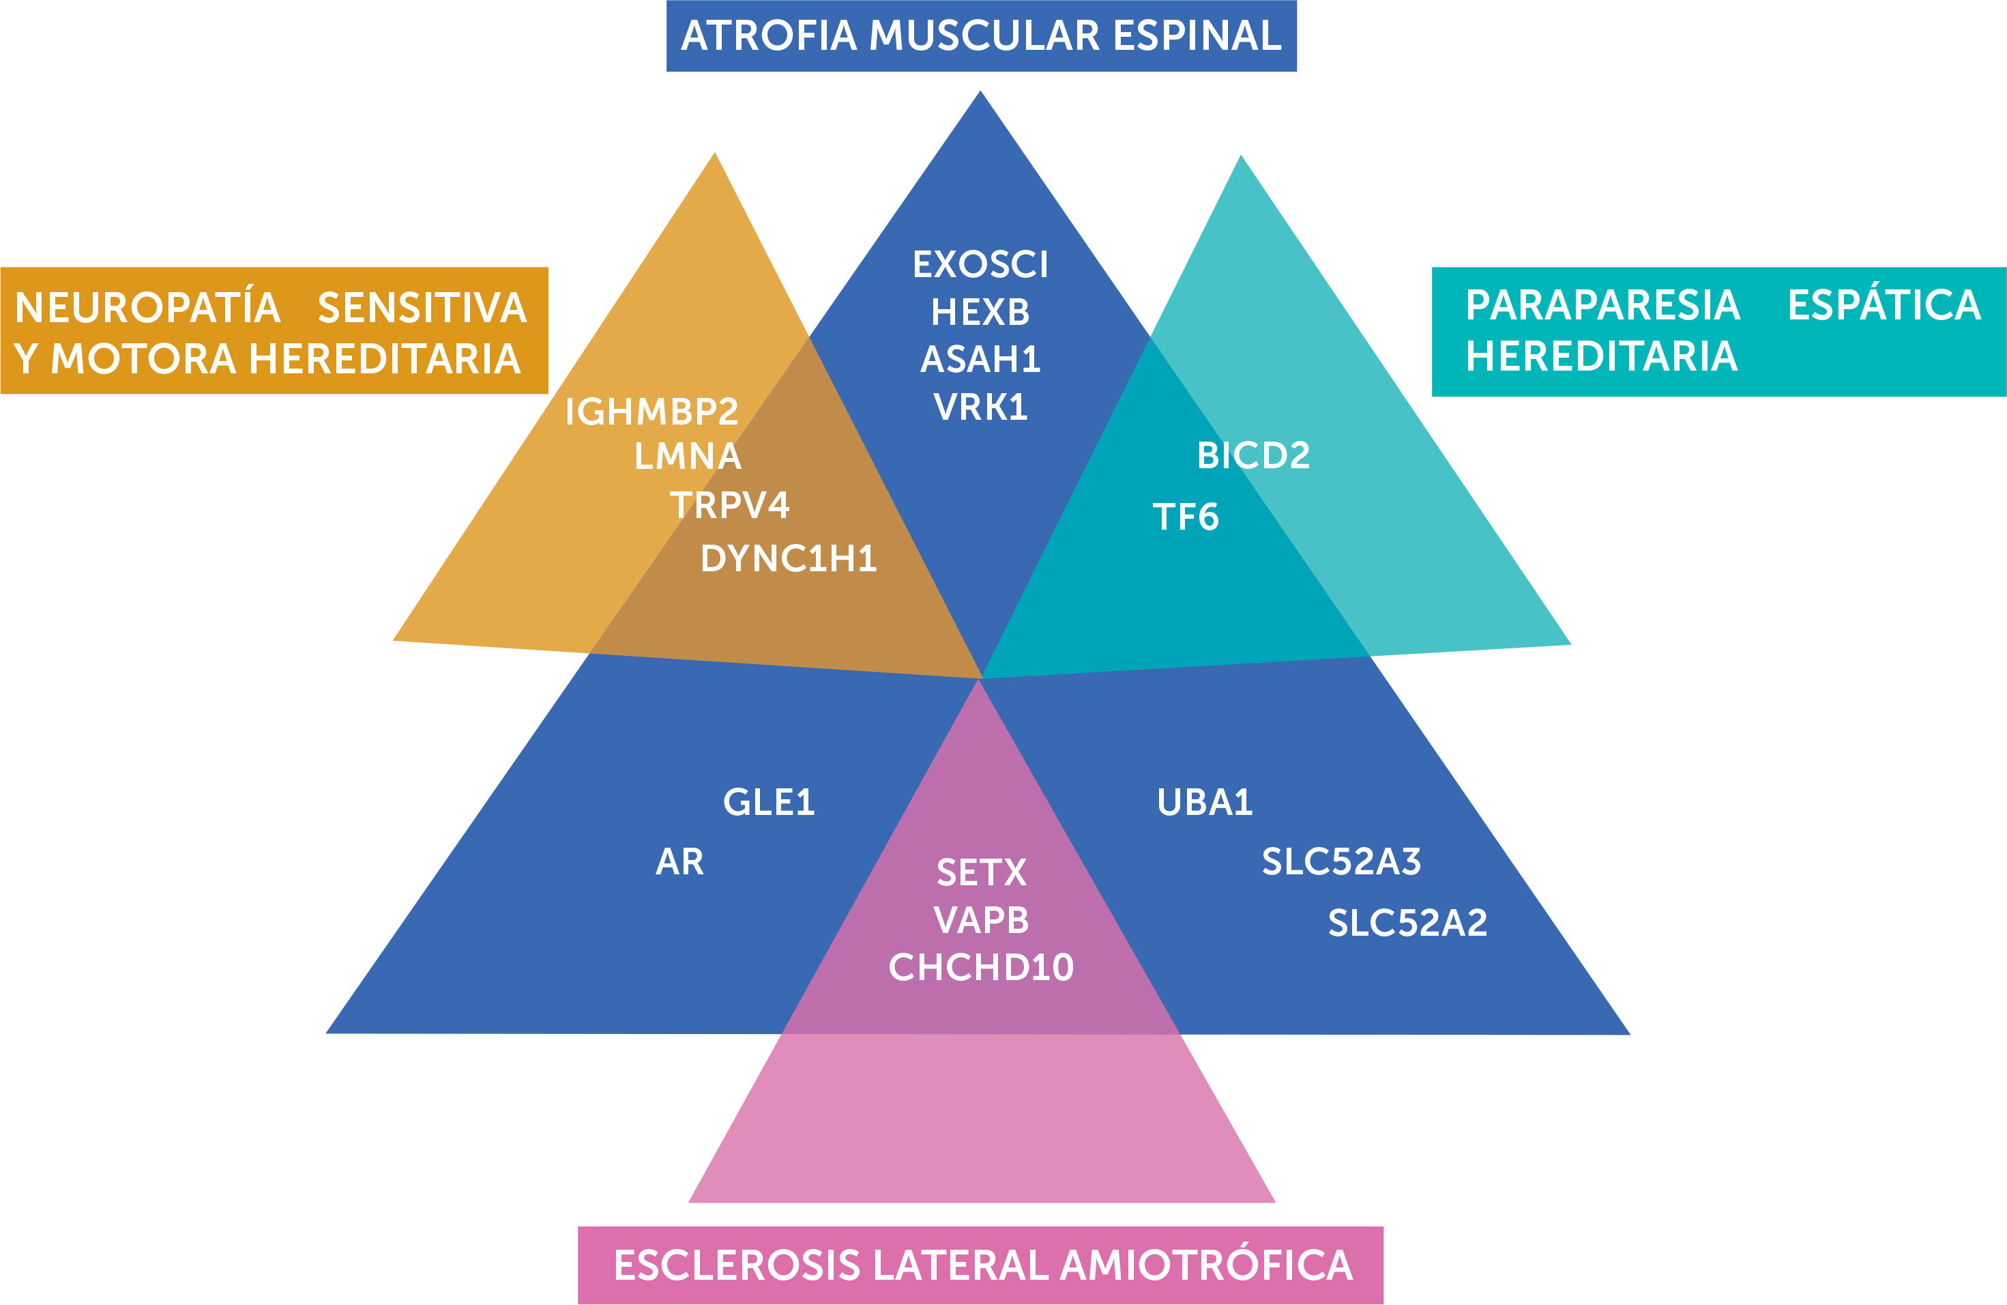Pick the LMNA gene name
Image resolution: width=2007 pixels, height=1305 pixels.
[x=687, y=457]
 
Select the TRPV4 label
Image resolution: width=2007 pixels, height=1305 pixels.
[x=729, y=505]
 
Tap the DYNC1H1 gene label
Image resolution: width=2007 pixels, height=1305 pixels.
[x=789, y=558]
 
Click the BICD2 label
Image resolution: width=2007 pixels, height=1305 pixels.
[x=1253, y=455]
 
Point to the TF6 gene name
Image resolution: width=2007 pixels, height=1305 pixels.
[x=1186, y=517]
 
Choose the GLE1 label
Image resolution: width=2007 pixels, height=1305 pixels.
[x=768, y=802]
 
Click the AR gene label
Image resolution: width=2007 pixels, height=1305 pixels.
[x=679, y=862]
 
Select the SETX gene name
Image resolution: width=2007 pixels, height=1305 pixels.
[x=982, y=873]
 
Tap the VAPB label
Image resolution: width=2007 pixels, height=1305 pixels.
[x=982, y=920]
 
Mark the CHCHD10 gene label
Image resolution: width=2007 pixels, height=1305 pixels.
[x=981, y=968]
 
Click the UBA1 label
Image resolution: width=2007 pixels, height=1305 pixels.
[x=1204, y=802]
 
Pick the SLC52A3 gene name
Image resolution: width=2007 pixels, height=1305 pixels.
[x=1341, y=862]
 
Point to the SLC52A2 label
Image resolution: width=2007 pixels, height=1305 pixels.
[x=1407, y=923]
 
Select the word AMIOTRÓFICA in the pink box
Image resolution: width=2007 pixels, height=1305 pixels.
[x=1207, y=1265]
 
